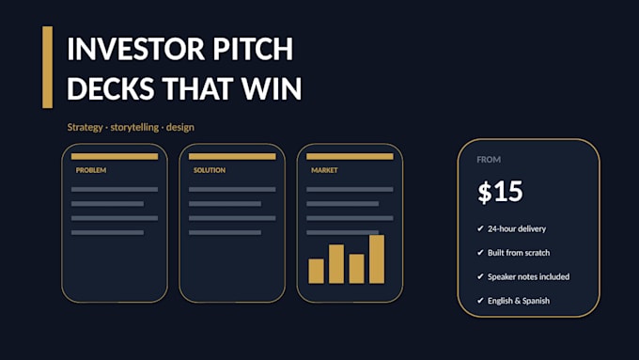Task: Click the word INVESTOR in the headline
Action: point(135,49)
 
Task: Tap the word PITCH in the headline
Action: point(253,49)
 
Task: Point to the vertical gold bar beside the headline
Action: point(47,68)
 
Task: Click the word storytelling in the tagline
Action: point(134,128)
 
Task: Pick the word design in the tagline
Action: point(180,128)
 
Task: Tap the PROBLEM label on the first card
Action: point(91,170)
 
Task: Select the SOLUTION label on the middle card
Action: point(210,170)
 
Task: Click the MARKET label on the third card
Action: point(324,170)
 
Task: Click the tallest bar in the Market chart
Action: point(377,259)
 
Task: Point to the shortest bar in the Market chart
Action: point(317,271)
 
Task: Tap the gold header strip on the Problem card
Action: point(115,157)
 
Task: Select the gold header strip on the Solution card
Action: point(232,157)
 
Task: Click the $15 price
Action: point(500,192)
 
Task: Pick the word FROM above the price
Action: point(489,160)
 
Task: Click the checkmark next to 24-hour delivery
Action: point(480,228)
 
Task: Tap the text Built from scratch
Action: point(519,253)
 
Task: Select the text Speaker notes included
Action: point(528,277)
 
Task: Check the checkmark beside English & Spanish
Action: point(480,301)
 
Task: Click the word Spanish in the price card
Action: point(536,302)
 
